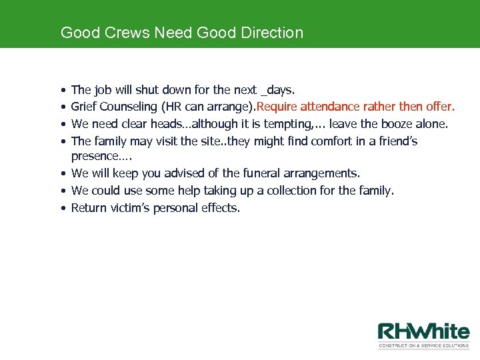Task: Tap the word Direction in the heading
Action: [271, 32]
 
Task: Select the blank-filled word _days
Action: [279, 89]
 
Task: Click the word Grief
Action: [84, 107]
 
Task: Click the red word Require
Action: [277, 107]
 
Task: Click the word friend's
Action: [396, 141]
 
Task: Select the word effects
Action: [219, 208]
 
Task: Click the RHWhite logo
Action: [424, 332]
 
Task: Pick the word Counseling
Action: [128, 107]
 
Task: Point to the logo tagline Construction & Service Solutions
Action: [424, 345]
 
